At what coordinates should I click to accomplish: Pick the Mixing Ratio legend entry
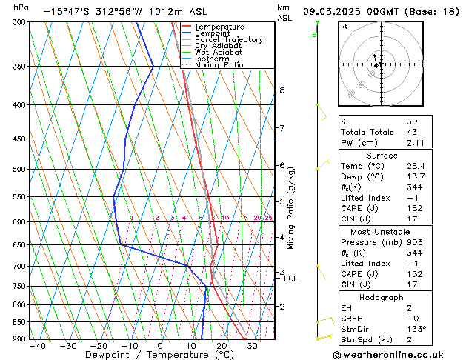point(219,65)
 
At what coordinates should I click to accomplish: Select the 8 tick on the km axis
point(282,90)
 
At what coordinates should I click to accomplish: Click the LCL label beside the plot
point(290,279)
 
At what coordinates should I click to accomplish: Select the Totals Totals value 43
point(411,133)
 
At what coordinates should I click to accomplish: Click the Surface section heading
point(382,156)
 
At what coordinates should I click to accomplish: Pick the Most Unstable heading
point(382,232)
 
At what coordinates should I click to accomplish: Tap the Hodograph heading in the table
point(382,297)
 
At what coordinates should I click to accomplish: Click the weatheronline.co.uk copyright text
point(388,355)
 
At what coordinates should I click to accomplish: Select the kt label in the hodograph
point(344,27)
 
